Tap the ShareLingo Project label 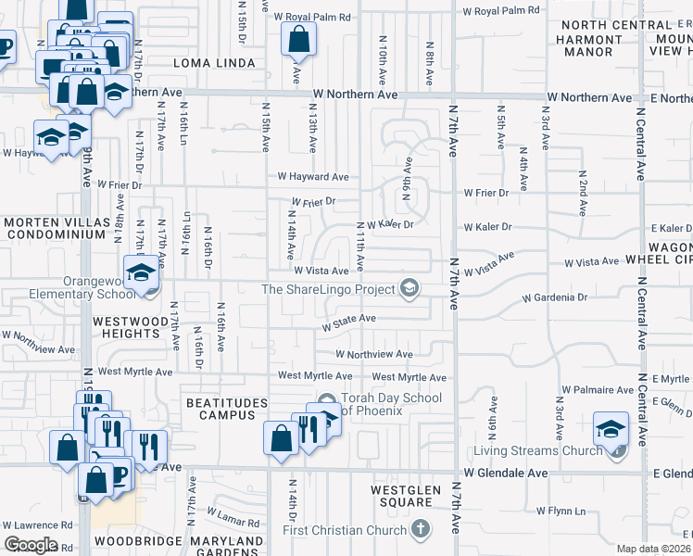pyautogui.click(x=329, y=289)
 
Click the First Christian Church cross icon pyautogui.click(x=421, y=530)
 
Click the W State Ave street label pyautogui.click(x=347, y=319)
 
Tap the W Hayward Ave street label pyautogui.click(x=313, y=176)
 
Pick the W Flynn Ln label pyautogui.click(x=561, y=511)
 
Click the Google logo pyautogui.click(x=31, y=545)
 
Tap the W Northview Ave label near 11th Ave pyautogui.click(x=373, y=354)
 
